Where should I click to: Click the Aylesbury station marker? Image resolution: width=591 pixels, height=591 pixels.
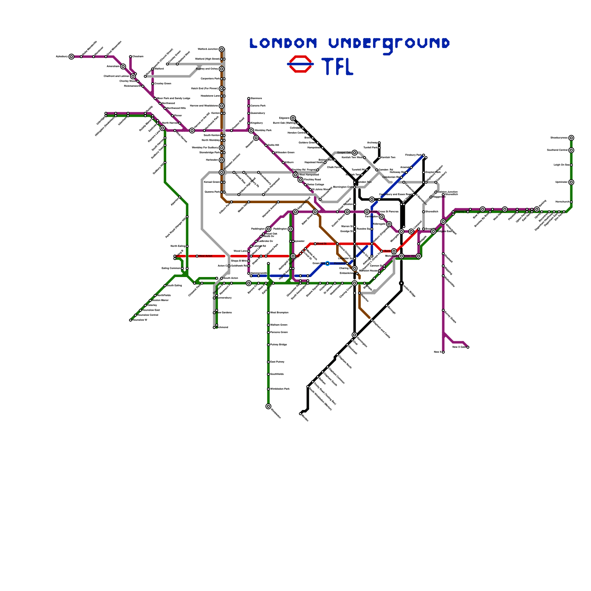(71, 57)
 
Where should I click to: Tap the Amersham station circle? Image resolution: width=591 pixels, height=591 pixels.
(123, 66)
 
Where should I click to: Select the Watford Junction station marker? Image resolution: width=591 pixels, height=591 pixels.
(221, 49)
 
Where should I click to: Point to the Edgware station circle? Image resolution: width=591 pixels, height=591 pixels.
(293, 118)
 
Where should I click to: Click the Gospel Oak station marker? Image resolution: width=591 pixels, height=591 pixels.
(355, 153)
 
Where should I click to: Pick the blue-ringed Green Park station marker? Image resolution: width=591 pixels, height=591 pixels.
(327, 263)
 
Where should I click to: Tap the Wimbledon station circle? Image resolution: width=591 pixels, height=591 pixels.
(268, 406)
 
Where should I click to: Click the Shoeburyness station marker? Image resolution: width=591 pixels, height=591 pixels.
(571, 138)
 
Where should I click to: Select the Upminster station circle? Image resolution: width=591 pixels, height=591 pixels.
(571, 182)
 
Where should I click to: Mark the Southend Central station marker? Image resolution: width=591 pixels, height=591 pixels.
(571, 150)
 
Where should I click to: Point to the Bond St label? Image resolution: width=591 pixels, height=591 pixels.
(322, 244)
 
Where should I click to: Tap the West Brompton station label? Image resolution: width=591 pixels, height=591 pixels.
(279, 312)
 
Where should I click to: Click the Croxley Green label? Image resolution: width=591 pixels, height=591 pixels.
(163, 83)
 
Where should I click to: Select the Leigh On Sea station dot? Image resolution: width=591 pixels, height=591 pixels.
(571, 165)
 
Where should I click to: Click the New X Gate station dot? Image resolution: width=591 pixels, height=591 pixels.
(468, 347)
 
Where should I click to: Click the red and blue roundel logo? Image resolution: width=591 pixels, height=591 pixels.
(300, 64)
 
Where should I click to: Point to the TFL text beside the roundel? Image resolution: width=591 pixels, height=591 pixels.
(338, 66)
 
